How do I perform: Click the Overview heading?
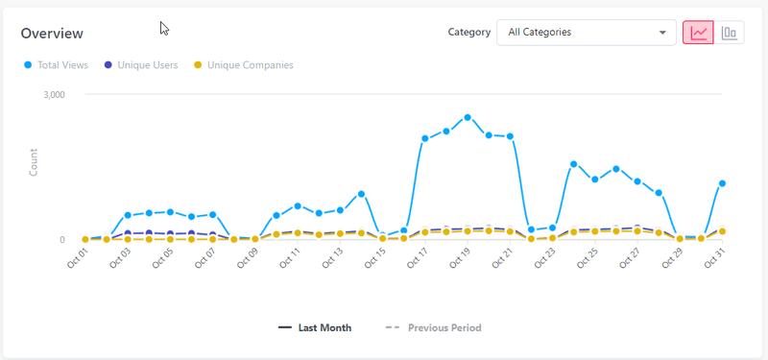click(x=52, y=34)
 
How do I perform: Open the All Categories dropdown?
click(x=586, y=33)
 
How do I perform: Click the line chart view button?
click(x=698, y=33)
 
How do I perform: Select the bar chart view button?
click(x=730, y=33)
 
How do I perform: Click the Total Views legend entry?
click(x=57, y=65)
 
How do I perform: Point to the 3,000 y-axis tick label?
click(x=52, y=95)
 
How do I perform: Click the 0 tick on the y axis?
click(x=61, y=240)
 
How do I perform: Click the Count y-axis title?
click(x=34, y=161)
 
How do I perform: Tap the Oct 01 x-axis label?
click(x=77, y=258)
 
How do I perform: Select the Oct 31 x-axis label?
click(x=713, y=258)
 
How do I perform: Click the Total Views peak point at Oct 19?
click(x=468, y=117)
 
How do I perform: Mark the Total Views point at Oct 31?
click(x=722, y=183)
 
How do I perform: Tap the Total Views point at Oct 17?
click(x=424, y=138)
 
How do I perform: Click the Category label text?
click(x=469, y=33)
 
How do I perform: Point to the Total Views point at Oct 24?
click(x=573, y=164)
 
